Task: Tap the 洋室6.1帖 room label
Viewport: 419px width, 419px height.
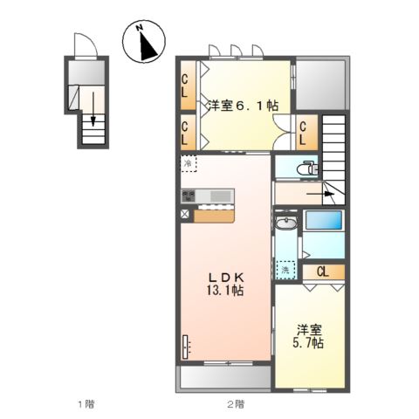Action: click(243, 106)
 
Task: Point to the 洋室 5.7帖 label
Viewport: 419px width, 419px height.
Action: click(308, 336)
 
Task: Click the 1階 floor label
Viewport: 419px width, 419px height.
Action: click(85, 403)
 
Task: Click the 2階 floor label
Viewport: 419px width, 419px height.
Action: click(234, 403)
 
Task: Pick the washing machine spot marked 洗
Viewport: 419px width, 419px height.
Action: click(285, 271)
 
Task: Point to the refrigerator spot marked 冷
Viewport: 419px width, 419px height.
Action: click(189, 163)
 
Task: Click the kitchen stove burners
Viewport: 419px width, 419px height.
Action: click(191, 194)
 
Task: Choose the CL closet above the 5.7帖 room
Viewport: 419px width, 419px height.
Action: click(322, 271)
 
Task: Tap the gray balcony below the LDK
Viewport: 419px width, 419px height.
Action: click(224, 377)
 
